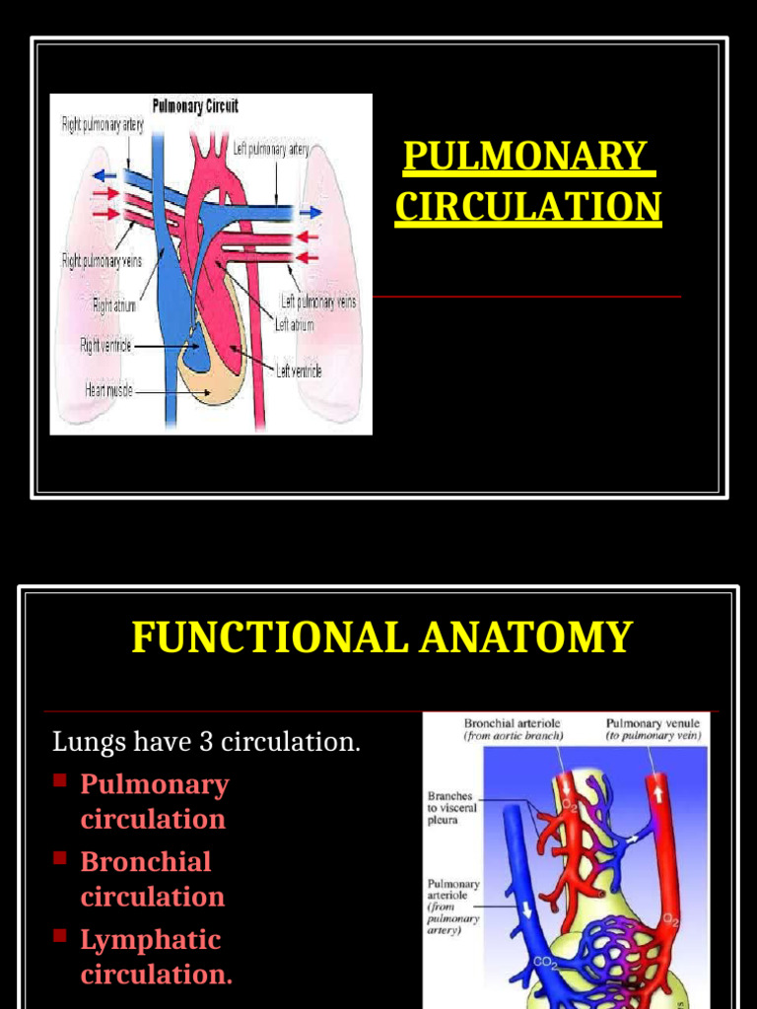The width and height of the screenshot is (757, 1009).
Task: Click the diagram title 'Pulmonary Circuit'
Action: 194,105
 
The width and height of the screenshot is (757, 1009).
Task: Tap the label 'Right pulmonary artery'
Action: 103,126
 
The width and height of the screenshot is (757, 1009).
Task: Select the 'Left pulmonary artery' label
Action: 271,149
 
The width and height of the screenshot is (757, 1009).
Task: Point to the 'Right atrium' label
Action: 114,305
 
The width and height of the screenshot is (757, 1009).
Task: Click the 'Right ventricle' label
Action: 105,345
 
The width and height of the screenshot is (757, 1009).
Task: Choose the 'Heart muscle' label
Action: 108,389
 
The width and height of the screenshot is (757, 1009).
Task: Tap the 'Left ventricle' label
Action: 299,371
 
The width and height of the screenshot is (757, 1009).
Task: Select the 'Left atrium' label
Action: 295,323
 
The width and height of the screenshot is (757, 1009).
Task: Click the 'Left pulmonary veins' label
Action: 319,302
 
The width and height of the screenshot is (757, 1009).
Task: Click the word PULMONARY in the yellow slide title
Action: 524,158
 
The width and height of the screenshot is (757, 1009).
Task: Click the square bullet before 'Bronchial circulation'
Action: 60,858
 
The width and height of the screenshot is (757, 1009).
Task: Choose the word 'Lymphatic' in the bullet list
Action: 150,939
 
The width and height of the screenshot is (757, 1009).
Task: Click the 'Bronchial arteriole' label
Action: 512,723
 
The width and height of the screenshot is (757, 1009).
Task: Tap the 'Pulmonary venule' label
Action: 653,723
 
